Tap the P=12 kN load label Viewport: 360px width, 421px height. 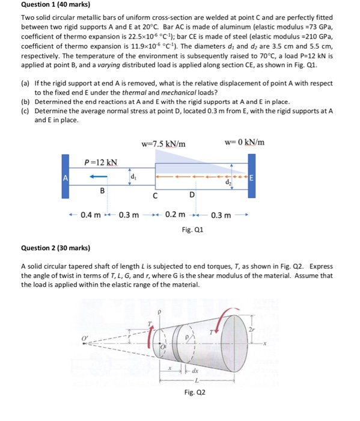point(100,162)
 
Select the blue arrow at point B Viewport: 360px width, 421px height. point(100,177)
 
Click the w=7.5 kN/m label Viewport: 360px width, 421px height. point(163,143)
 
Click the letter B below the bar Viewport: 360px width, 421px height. point(102,190)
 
